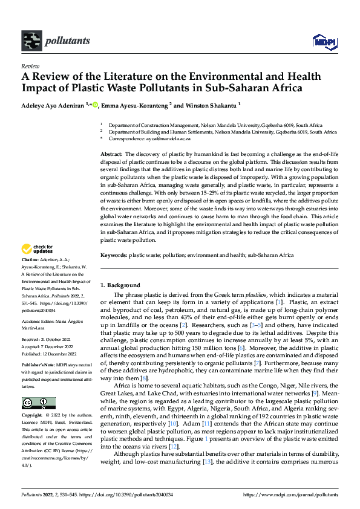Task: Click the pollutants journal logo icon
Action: (30, 41)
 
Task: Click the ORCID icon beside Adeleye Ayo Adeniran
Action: (95, 104)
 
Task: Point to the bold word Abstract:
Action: (111, 155)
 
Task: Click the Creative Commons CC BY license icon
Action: (38, 403)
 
